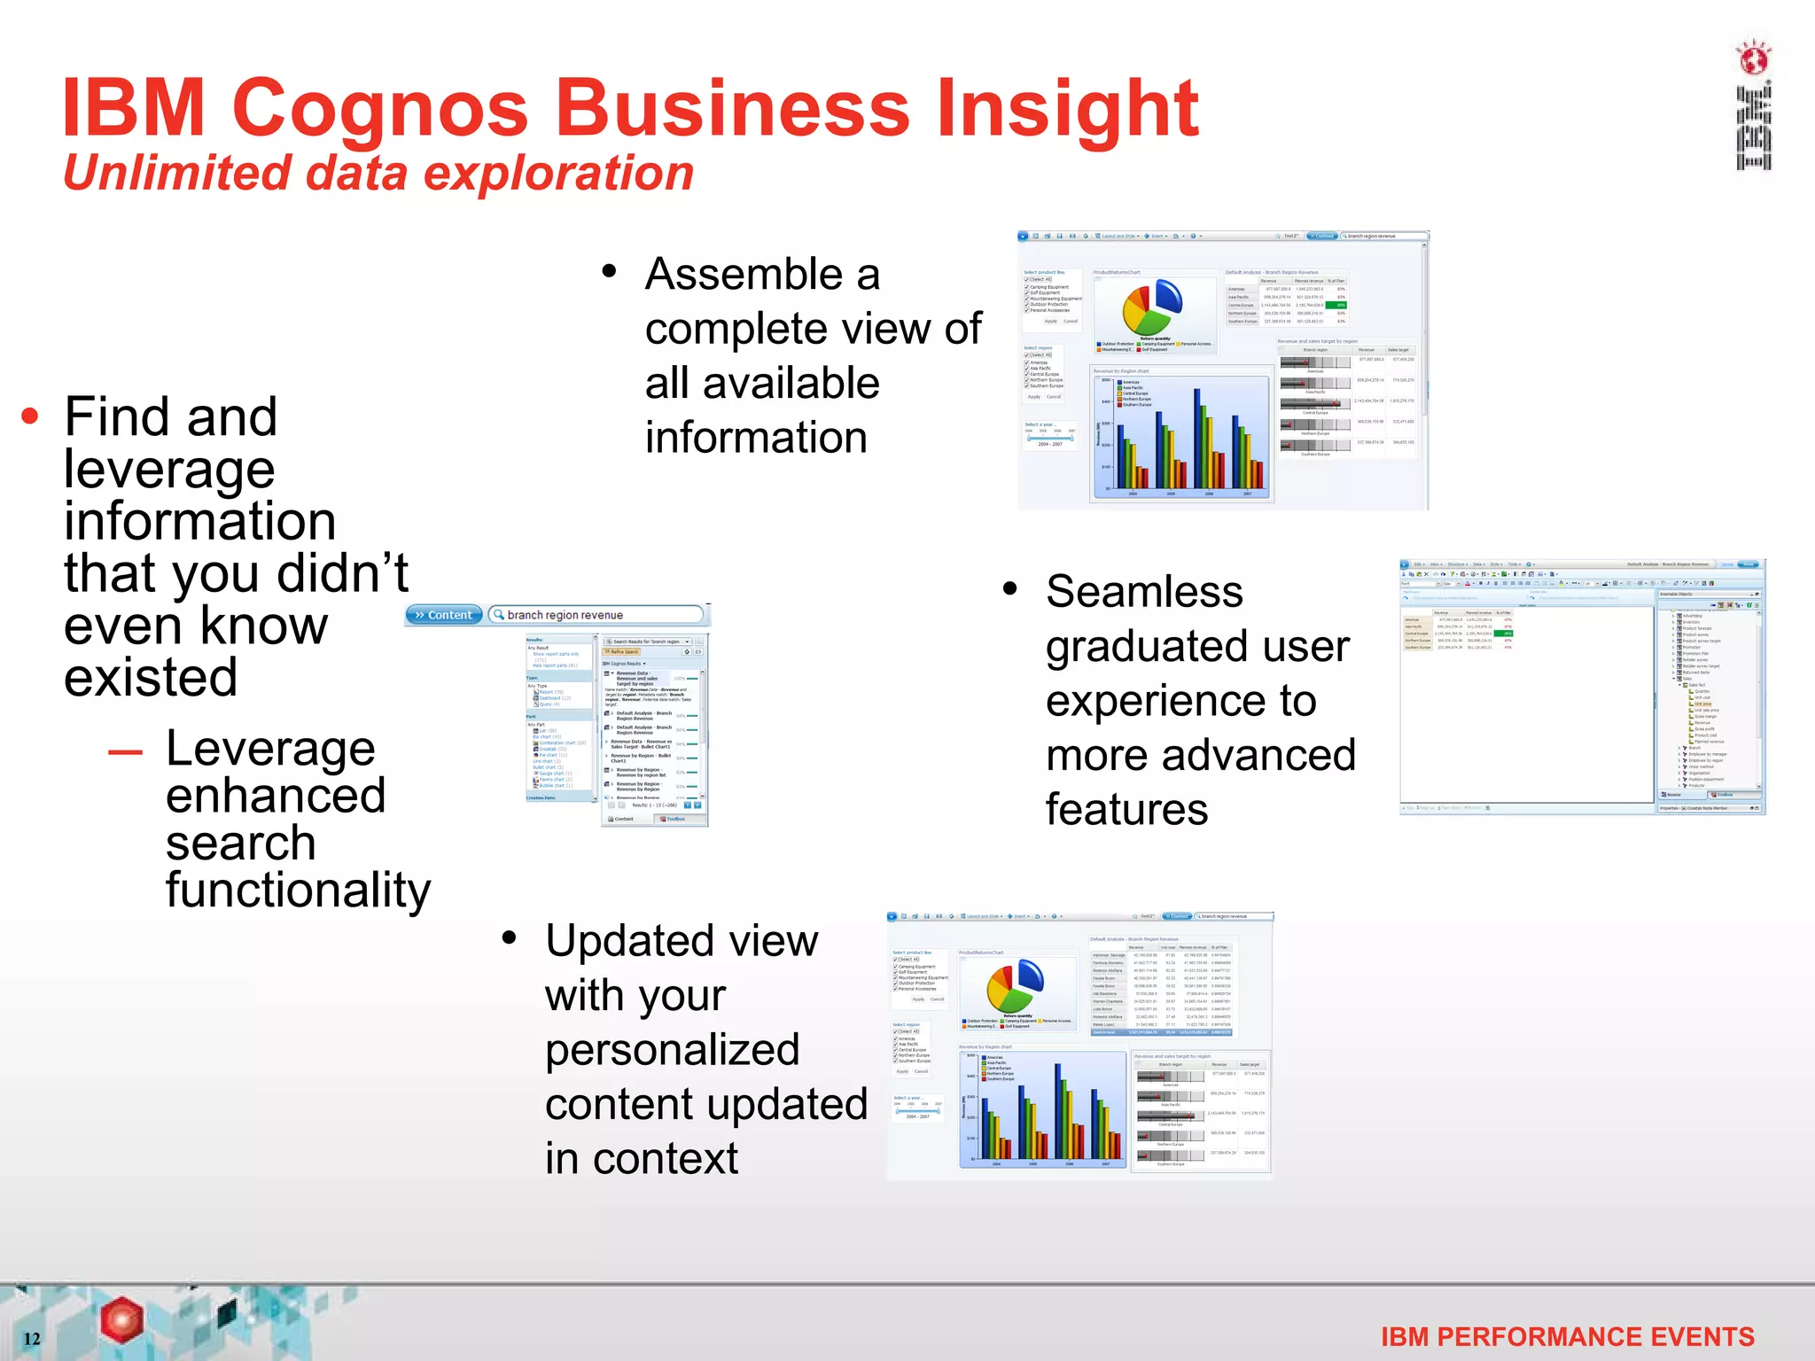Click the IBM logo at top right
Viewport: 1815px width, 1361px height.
[1753, 106]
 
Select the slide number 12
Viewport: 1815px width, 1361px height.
[32, 1338]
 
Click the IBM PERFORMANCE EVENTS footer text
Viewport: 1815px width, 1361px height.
[1567, 1336]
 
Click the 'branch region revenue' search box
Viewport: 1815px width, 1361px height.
[596, 615]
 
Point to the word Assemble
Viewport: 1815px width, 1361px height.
[762, 274]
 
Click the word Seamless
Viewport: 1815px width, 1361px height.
[1144, 591]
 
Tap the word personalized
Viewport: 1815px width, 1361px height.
[672, 1050]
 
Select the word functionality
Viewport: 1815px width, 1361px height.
[298, 890]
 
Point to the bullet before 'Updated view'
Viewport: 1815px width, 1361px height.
[509, 937]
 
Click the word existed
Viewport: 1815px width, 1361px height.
[151, 678]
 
